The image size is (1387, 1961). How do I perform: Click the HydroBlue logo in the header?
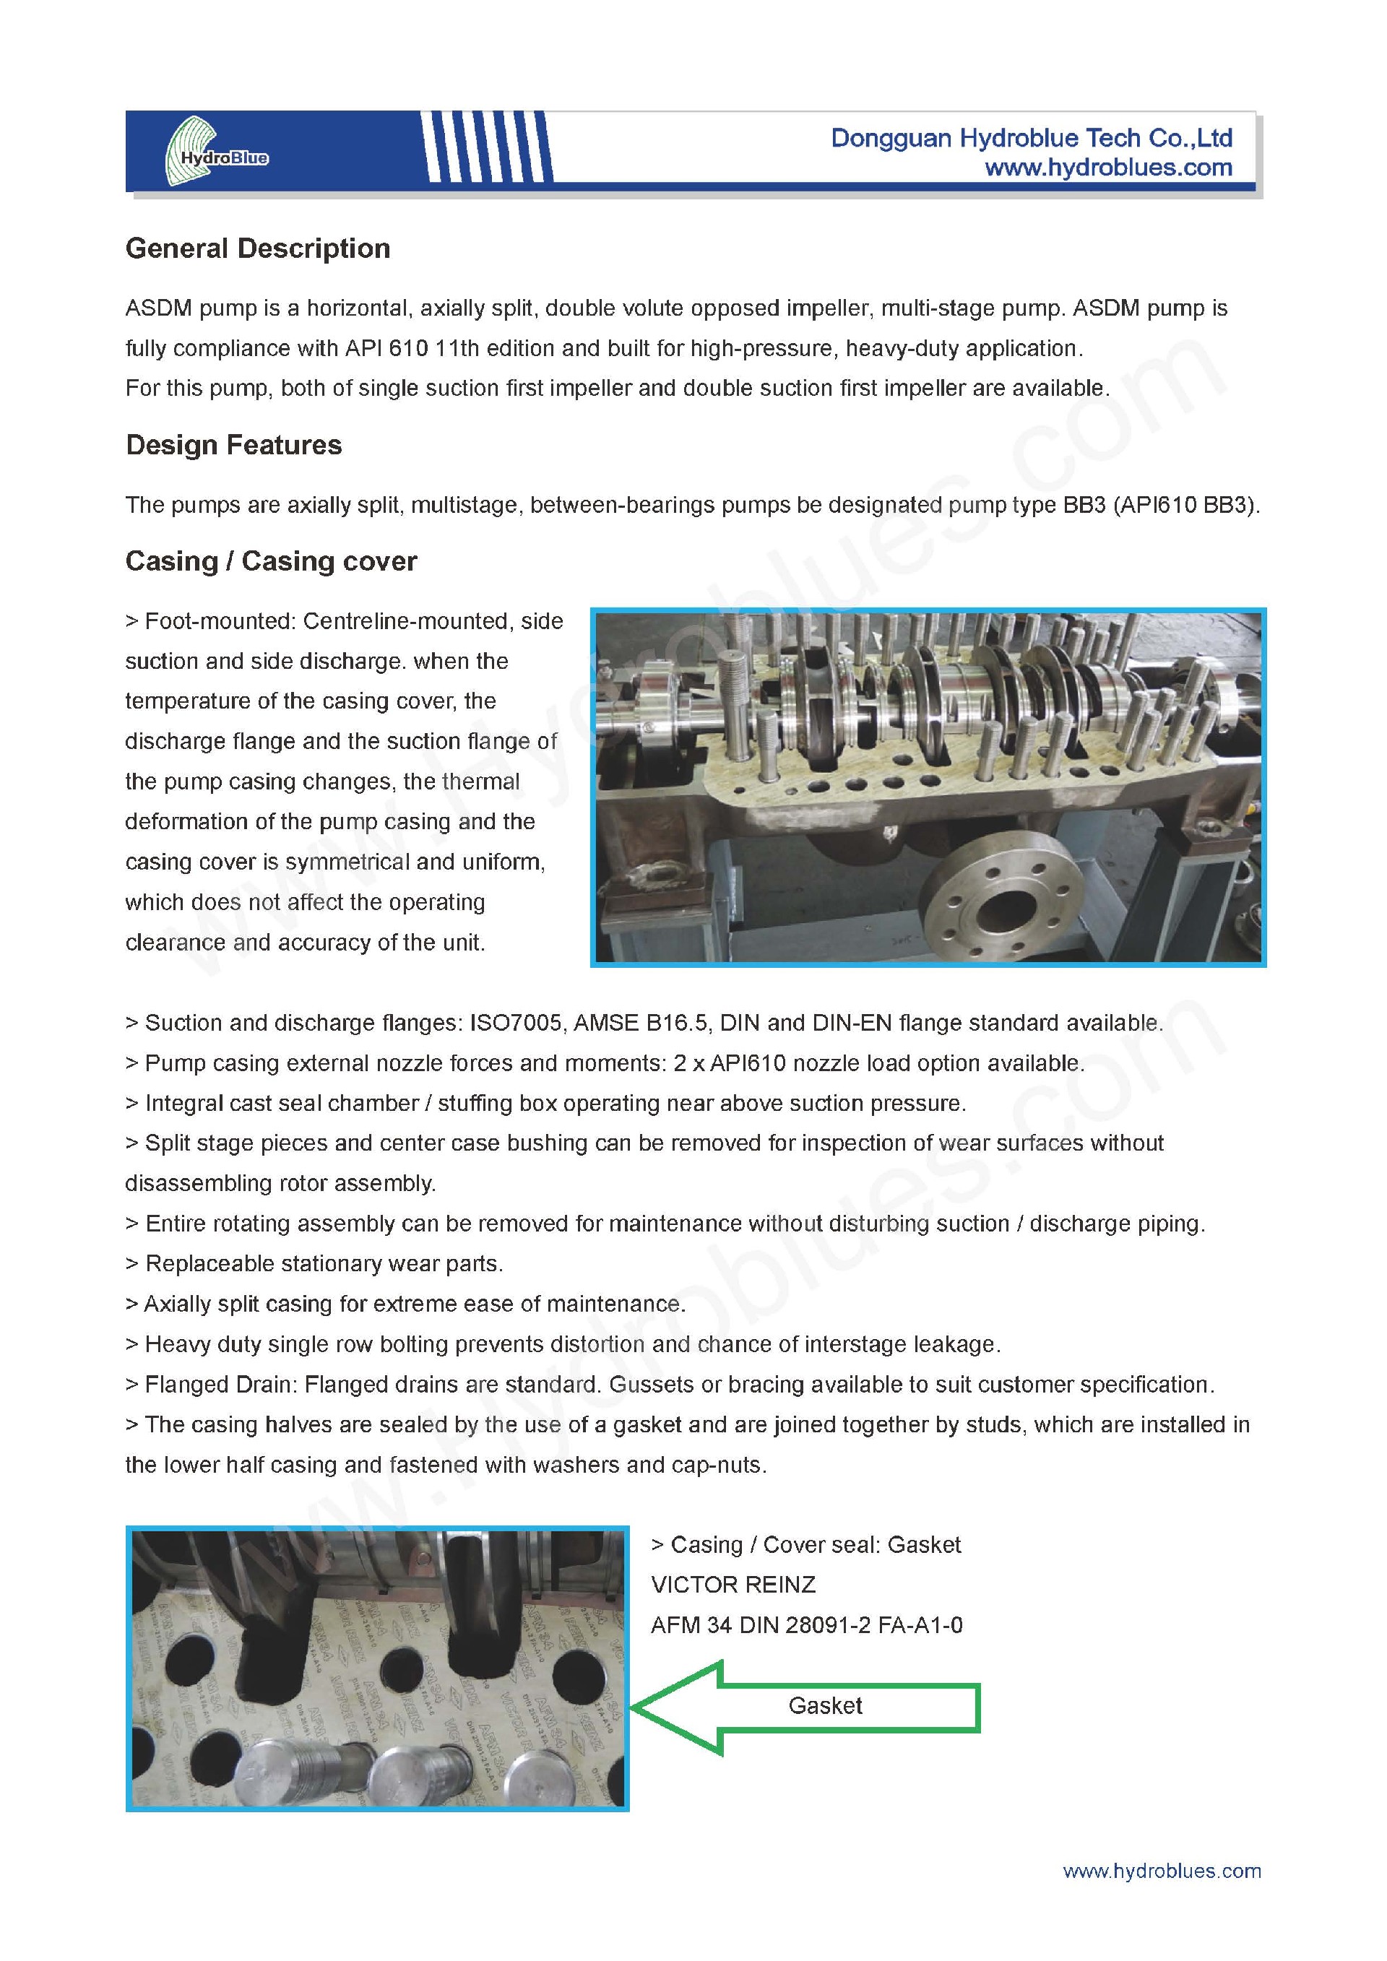[217, 152]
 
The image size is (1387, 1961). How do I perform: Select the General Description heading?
[257, 248]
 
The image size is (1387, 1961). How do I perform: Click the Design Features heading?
[233, 445]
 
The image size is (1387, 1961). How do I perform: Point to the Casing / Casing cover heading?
[271, 561]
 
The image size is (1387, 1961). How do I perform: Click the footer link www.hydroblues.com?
[1162, 1871]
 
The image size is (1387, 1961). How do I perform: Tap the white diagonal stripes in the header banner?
[487, 147]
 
